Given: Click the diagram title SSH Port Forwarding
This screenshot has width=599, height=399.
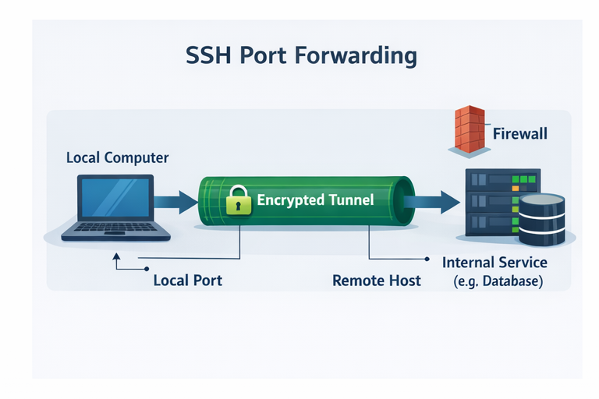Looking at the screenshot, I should pos(301,57).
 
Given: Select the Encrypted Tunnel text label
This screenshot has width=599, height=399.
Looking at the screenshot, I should pos(315,200).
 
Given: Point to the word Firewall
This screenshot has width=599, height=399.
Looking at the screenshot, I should pos(520,133).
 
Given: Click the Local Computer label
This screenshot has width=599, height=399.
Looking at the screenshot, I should pos(117,157).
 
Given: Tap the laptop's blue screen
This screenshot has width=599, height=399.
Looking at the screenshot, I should pos(115,197).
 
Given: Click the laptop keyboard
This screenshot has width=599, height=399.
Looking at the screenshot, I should pos(115,228).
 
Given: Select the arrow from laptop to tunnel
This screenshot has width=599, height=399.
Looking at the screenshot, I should pos(175,201).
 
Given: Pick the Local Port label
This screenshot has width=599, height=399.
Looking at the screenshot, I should pos(188,280).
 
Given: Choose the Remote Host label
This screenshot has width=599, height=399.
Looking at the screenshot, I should pos(377,280).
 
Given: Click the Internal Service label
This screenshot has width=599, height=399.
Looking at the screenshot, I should pos(494,263).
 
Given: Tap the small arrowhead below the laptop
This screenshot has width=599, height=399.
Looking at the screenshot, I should pos(116,255).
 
